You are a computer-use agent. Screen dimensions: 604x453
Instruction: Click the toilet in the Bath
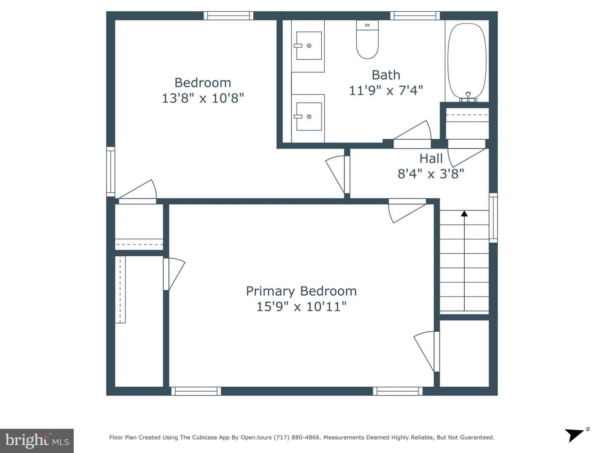pos(367,39)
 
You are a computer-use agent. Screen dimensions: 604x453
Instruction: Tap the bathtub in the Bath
pos(467,61)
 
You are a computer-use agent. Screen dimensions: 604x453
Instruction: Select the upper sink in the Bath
pos(309,46)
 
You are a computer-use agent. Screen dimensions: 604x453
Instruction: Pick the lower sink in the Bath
pos(309,116)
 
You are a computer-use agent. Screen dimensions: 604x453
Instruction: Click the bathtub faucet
pos(468,97)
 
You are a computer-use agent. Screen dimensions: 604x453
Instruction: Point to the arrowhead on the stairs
pos(464,213)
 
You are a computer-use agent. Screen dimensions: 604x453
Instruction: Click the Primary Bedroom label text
pos(301,291)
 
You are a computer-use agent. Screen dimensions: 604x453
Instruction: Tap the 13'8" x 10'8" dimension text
pos(203,98)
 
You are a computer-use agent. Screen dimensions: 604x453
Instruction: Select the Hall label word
pos(431,159)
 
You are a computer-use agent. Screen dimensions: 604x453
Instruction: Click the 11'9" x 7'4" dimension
pos(386,91)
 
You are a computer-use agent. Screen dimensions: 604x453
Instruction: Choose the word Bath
pos(386,75)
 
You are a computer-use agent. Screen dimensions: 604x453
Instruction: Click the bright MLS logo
pos(37,440)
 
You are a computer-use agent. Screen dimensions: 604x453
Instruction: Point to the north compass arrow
pos(575,434)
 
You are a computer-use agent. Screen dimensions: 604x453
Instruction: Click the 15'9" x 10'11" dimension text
pos(301,306)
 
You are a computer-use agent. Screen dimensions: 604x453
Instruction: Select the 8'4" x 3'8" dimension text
pos(431,174)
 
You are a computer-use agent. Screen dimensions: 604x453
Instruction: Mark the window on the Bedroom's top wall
pos(229,16)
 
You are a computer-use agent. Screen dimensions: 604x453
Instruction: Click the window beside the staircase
pos(493,218)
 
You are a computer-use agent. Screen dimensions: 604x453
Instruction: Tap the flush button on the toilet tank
pos(367,25)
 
